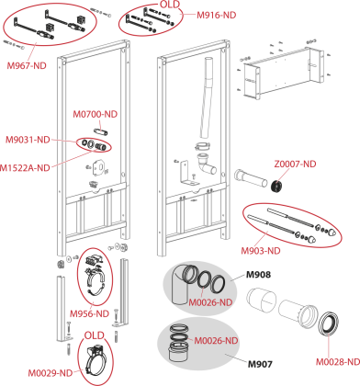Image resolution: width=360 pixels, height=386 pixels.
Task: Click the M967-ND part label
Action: click(x=27, y=65)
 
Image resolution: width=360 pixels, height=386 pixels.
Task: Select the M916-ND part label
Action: click(x=217, y=15)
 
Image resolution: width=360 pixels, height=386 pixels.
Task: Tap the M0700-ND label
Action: click(x=96, y=114)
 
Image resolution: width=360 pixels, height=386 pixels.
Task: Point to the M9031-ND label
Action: click(x=28, y=140)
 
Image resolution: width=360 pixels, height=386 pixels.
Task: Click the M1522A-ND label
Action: click(x=25, y=168)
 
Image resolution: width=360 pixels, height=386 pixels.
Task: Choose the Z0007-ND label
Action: click(x=295, y=165)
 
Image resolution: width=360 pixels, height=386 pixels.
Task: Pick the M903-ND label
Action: click(x=261, y=251)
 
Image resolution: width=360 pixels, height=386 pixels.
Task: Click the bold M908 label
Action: click(x=259, y=275)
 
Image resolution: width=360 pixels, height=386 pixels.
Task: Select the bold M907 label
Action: click(x=260, y=364)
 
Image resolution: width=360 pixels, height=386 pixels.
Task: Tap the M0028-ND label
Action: click(x=338, y=362)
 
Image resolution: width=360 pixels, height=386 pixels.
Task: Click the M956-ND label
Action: click(x=89, y=313)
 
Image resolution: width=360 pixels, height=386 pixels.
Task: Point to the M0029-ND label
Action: click(x=51, y=373)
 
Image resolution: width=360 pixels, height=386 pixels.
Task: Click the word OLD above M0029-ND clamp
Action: click(x=95, y=335)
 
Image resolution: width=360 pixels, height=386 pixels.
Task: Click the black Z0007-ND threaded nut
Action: click(x=277, y=186)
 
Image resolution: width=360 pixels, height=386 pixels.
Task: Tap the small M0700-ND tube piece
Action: click(x=101, y=132)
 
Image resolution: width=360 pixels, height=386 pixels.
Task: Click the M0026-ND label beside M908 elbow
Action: click(x=210, y=302)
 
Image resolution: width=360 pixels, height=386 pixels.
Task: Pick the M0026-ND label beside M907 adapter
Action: click(x=217, y=341)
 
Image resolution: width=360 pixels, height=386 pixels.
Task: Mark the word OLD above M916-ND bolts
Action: click(x=170, y=5)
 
